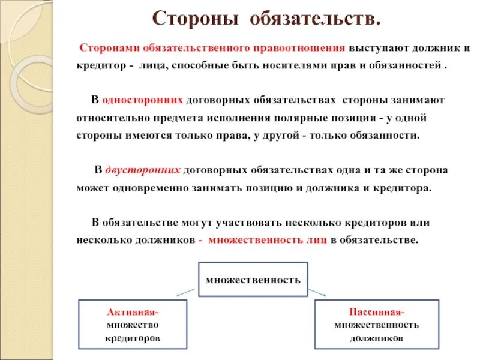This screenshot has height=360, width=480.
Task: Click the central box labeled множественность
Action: tap(253, 280)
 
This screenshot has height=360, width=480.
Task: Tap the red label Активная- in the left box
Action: tap(133, 313)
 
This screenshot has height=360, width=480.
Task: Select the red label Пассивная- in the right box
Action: tap(376, 312)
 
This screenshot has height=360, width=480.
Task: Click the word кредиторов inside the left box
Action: tap(133, 339)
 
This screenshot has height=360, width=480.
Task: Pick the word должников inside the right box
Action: tap(377, 338)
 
